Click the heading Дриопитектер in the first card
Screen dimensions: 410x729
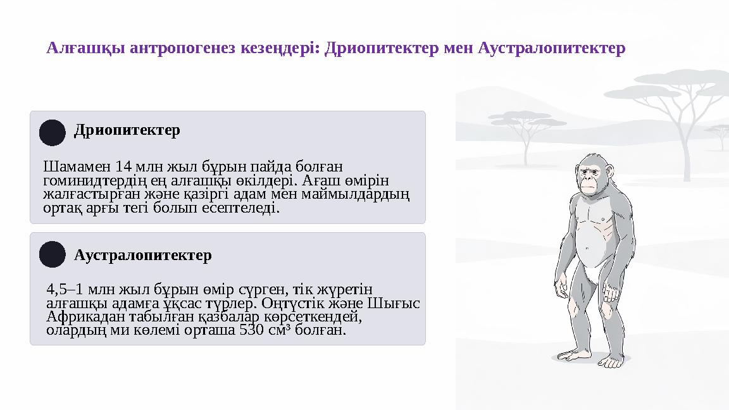coord(127,130)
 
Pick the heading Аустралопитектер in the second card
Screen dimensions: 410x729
coord(143,256)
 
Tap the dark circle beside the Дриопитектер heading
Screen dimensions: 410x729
coord(53,133)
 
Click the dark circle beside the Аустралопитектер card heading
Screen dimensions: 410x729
coord(53,254)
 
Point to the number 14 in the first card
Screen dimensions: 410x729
coord(124,168)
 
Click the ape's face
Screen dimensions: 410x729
coord(589,179)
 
